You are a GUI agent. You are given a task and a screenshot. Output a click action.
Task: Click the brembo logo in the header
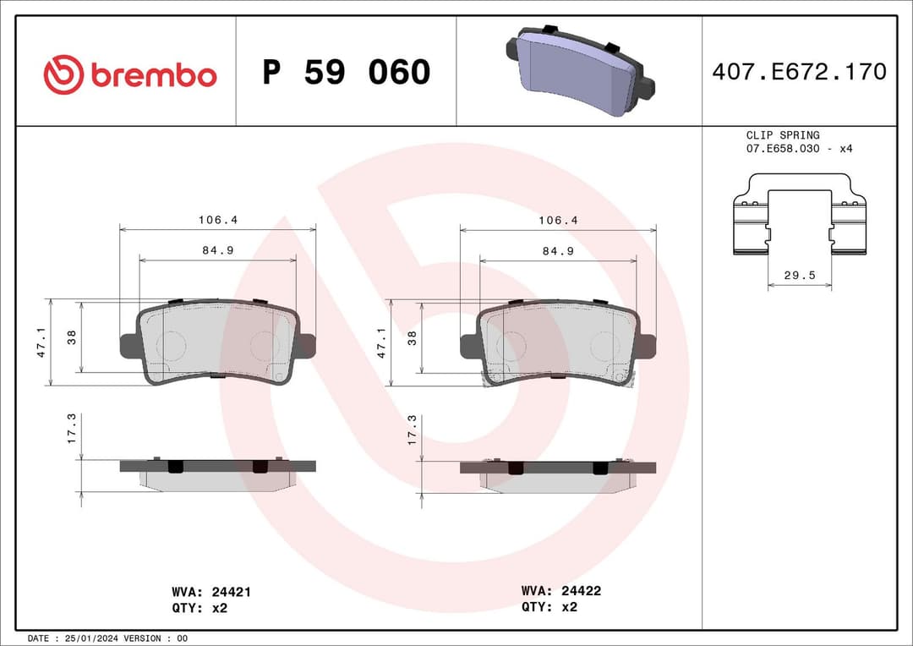click(x=130, y=74)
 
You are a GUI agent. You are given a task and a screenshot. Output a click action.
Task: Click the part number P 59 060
click(x=346, y=73)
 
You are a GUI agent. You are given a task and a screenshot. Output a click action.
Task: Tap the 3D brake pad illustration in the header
click(x=579, y=72)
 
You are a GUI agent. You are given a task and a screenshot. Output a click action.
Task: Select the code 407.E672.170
click(x=799, y=72)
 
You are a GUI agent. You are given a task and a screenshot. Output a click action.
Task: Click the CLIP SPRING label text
click(x=782, y=135)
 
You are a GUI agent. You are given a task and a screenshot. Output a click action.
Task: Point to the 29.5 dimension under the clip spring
click(x=799, y=275)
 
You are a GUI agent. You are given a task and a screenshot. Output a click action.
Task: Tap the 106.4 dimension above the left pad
click(x=218, y=220)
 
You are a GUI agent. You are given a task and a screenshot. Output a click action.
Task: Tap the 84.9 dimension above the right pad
click(x=558, y=251)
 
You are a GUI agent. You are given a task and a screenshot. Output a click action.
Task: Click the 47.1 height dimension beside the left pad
click(x=41, y=342)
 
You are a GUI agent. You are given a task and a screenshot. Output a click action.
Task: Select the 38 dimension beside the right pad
click(x=412, y=337)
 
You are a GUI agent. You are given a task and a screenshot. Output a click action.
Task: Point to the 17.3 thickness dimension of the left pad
click(x=72, y=429)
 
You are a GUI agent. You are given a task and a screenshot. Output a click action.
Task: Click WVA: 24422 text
click(x=560, y=591)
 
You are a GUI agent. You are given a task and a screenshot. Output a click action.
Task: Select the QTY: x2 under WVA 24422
click(x=549, y=606)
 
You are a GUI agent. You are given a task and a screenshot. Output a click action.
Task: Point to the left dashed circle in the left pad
click(x=172, y=344)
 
